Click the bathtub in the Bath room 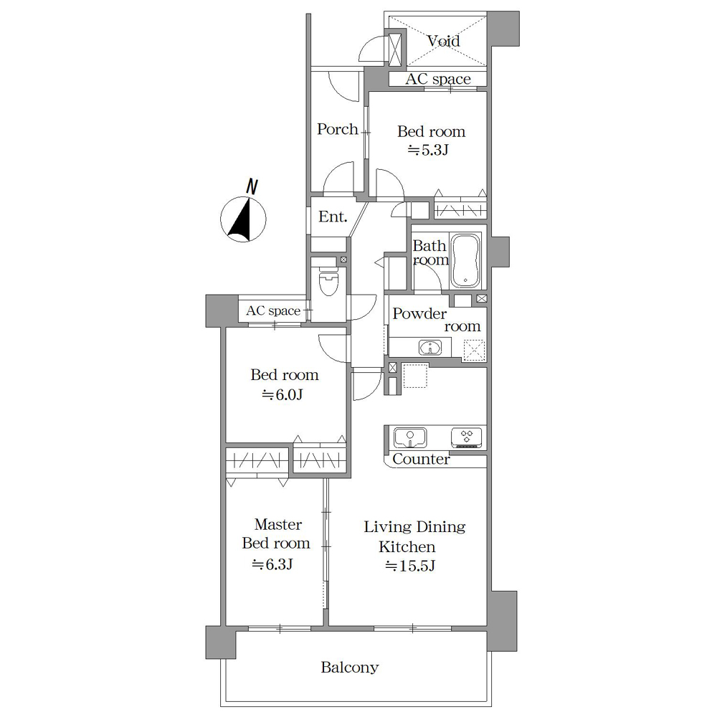pyautogui.click(x=465, y=261)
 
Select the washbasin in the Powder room pyautogui.click(x=429, y=348)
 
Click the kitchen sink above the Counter pyautogui.click(x=410, y=437)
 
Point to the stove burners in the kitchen pyautogui.click(x=467, y=437)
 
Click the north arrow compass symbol pyautogui.click(x=243, y=219)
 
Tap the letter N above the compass pyautogui.click(x=252, y=187)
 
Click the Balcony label pyautogui.click(x=350, y=667)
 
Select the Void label pyautogui.click(x=444, y=41)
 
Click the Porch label pyautogui.click(x=338, y=129)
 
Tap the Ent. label pyautogui.click(x=333, y=217)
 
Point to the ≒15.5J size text pyautogui.click(x=410, y=566)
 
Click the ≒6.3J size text pyautogui.click(x=272, y=564)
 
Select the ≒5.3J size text pyautogui.click(x=428, y=150)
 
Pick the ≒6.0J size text pyautogui.click(x=282, y=394)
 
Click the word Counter pyautogui.click(x=421, y=459)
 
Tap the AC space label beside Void pyautogui.click(x=438, y=79)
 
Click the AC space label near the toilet pyautogui.click(x=273, y=311)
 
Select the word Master pyautogui.click(x=278, y=524)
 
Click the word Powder pyautogui.click(x=419, y=313)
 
